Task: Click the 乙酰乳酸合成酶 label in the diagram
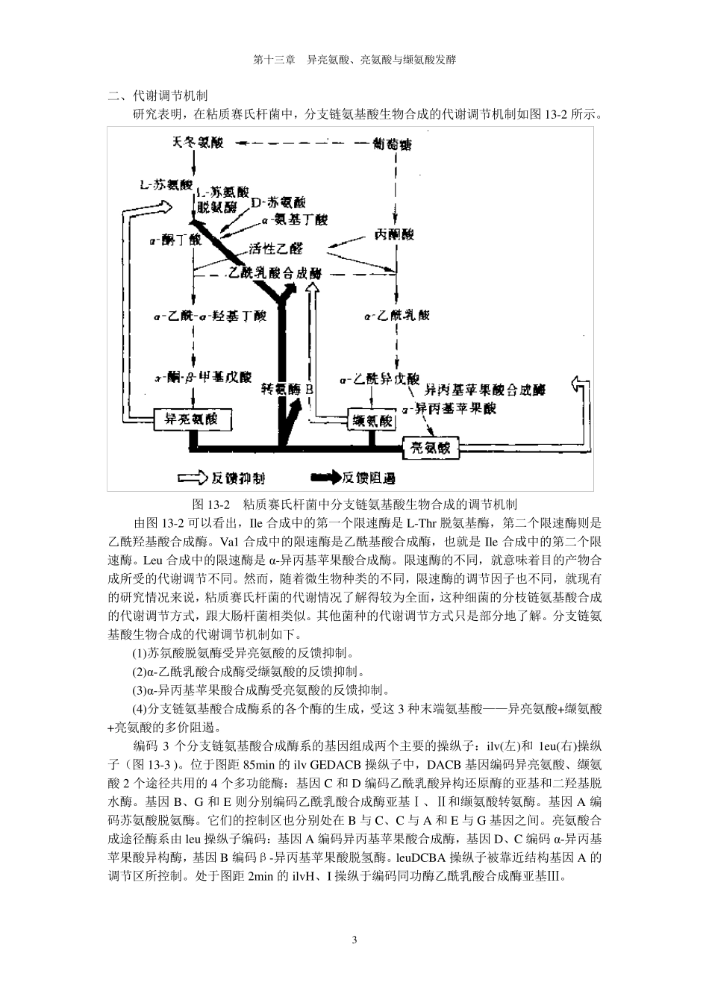275,274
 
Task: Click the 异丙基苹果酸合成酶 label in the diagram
485,390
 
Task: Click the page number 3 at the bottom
354,939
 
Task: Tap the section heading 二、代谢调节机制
157,96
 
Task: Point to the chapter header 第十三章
274,60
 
